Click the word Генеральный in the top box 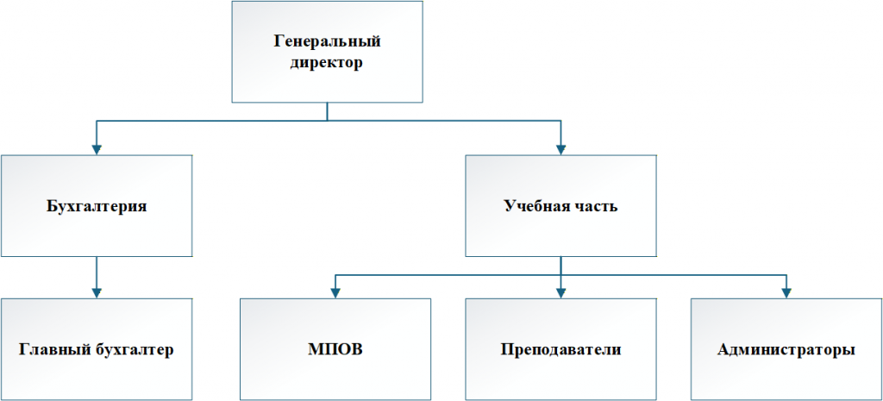[327, 41]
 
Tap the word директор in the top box [327, 62]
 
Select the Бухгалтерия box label [96, 206]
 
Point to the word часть [597, 206]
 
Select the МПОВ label [335, 350]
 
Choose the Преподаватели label [560, 350]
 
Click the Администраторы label [786, 350]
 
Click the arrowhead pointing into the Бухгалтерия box [96, 148]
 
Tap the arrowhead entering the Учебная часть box [560, 148]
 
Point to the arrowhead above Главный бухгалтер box [96, 292]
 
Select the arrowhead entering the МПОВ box [335, 292]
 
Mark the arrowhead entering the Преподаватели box [560, 292]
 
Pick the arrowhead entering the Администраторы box [786, 292]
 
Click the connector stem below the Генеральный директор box [327, 111]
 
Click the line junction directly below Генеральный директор [327, 122]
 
